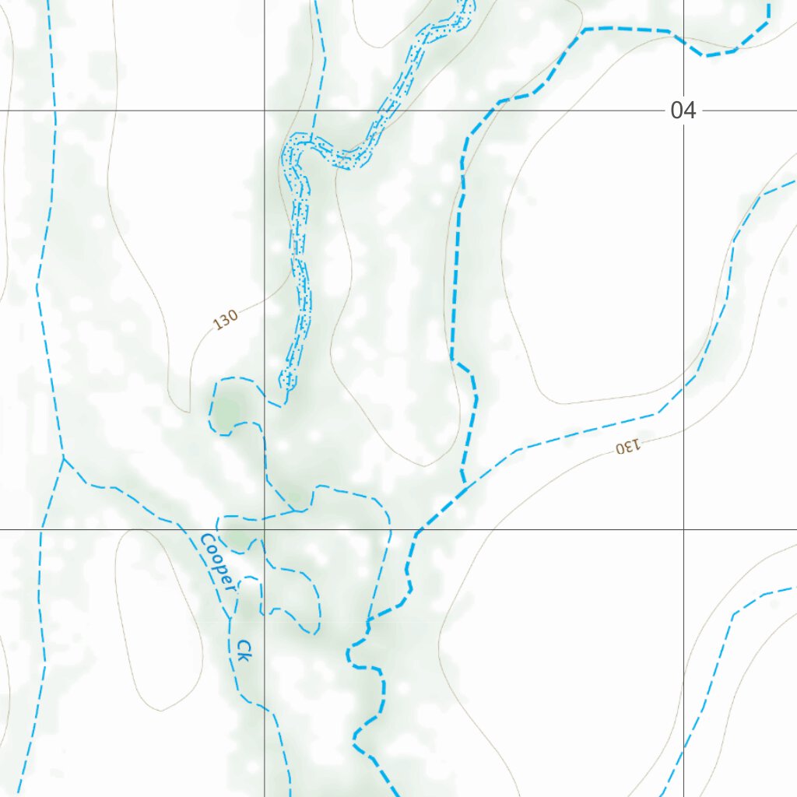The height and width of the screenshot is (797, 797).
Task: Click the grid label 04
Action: pos(683,111)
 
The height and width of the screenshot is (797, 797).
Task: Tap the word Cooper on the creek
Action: pos(217,562)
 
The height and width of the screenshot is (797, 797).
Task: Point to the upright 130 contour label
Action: pos(226,319)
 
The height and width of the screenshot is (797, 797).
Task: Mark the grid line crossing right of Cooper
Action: pos(264,529)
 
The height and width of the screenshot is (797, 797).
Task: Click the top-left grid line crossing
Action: pos(264,111)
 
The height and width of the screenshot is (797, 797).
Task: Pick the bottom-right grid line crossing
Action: pos(683,529)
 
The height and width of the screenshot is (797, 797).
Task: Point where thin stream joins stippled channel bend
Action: pos(312,140)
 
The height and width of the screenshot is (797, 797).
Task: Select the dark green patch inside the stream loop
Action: pos(228,410)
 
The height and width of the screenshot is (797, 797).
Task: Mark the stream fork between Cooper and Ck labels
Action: pos(230,619)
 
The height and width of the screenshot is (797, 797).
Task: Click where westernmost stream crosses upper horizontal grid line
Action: pos(55,111)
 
